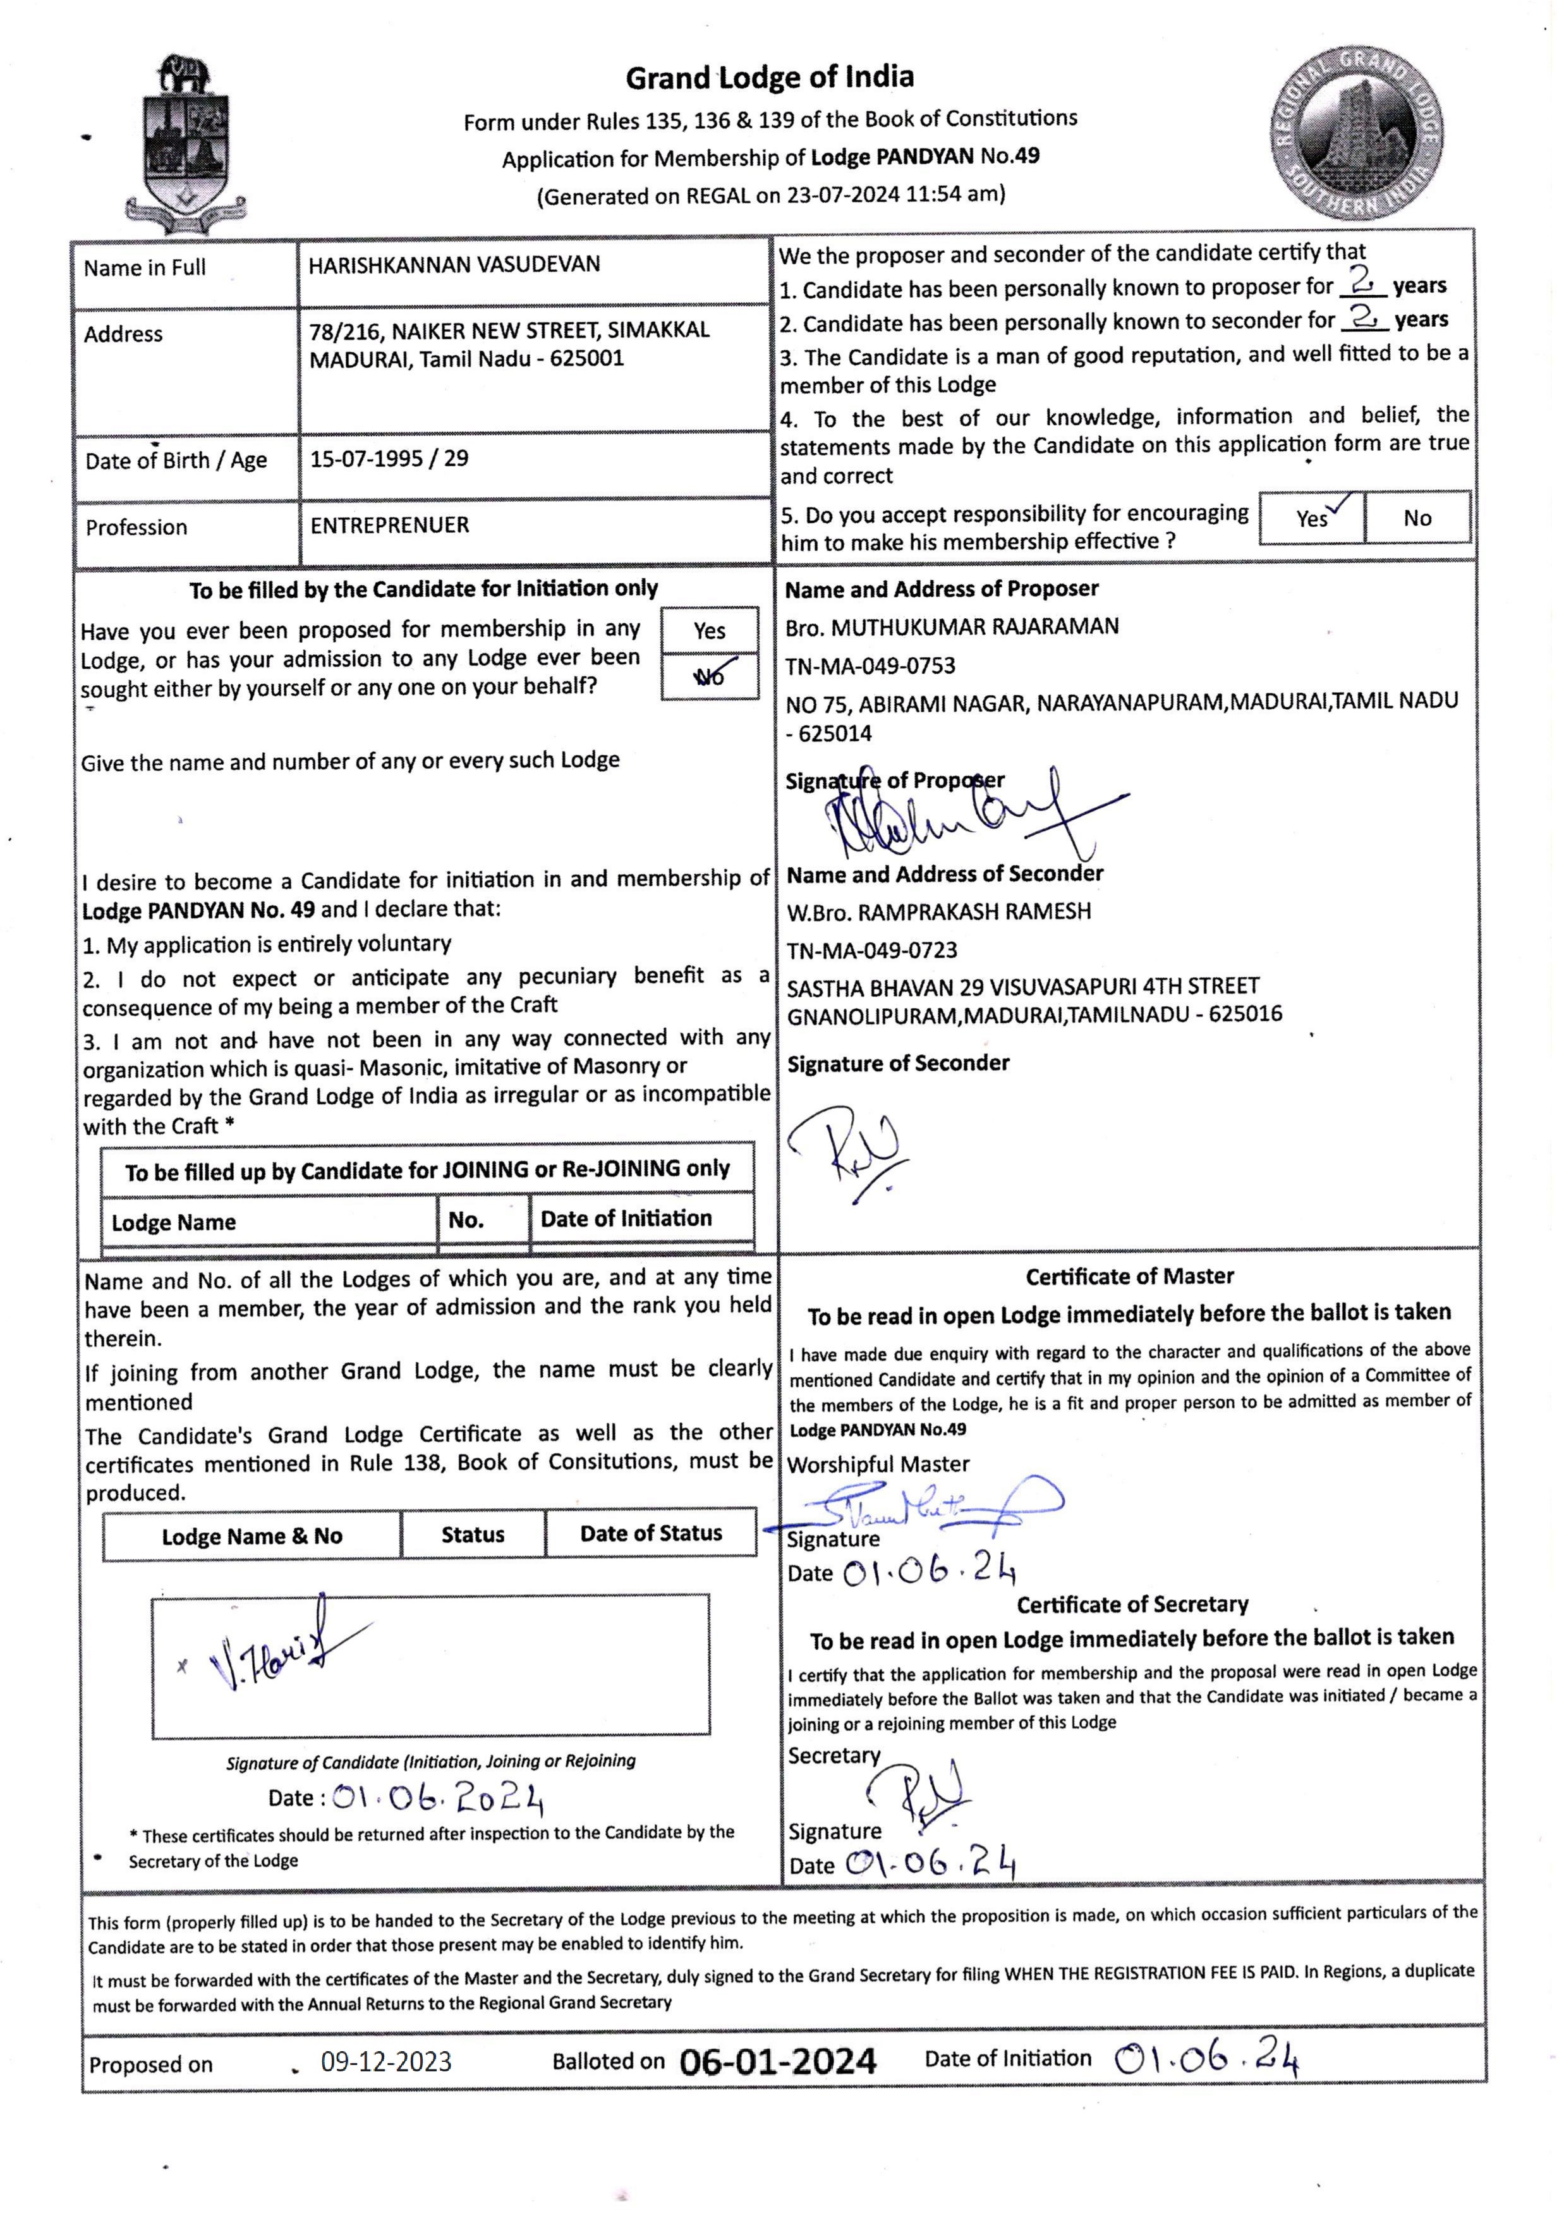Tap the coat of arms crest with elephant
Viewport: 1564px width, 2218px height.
183,145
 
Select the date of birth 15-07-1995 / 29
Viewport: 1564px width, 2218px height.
389,459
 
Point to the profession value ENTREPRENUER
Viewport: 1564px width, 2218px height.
389,525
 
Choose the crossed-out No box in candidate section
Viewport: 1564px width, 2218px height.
709,676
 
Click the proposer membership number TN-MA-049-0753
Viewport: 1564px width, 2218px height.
870,666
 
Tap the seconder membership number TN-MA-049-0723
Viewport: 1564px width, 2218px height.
871,951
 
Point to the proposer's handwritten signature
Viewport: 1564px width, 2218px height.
956,816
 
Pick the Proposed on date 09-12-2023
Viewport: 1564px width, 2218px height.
385,2063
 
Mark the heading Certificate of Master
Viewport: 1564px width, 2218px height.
1129,1276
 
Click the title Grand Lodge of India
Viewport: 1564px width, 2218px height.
769,77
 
